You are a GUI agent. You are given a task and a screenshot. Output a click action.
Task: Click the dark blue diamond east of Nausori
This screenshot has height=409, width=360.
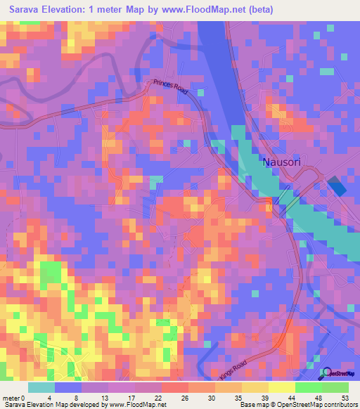click(x=338, y=188)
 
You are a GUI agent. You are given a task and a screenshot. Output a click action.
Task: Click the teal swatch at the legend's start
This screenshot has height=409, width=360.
click(x=41, y=387)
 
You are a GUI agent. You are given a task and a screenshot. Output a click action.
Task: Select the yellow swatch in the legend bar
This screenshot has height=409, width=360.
click(x=281, y=387)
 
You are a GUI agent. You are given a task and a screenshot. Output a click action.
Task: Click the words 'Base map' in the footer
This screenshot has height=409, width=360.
click(x=252, y=405)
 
